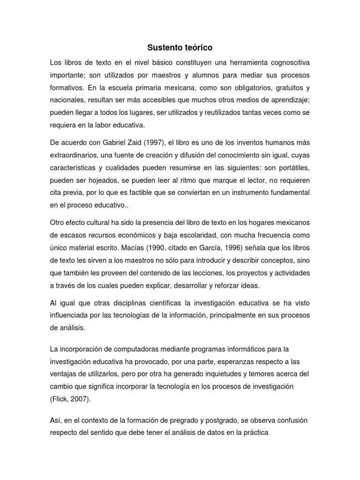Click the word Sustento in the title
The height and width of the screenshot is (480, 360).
click(x=162, y=48)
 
